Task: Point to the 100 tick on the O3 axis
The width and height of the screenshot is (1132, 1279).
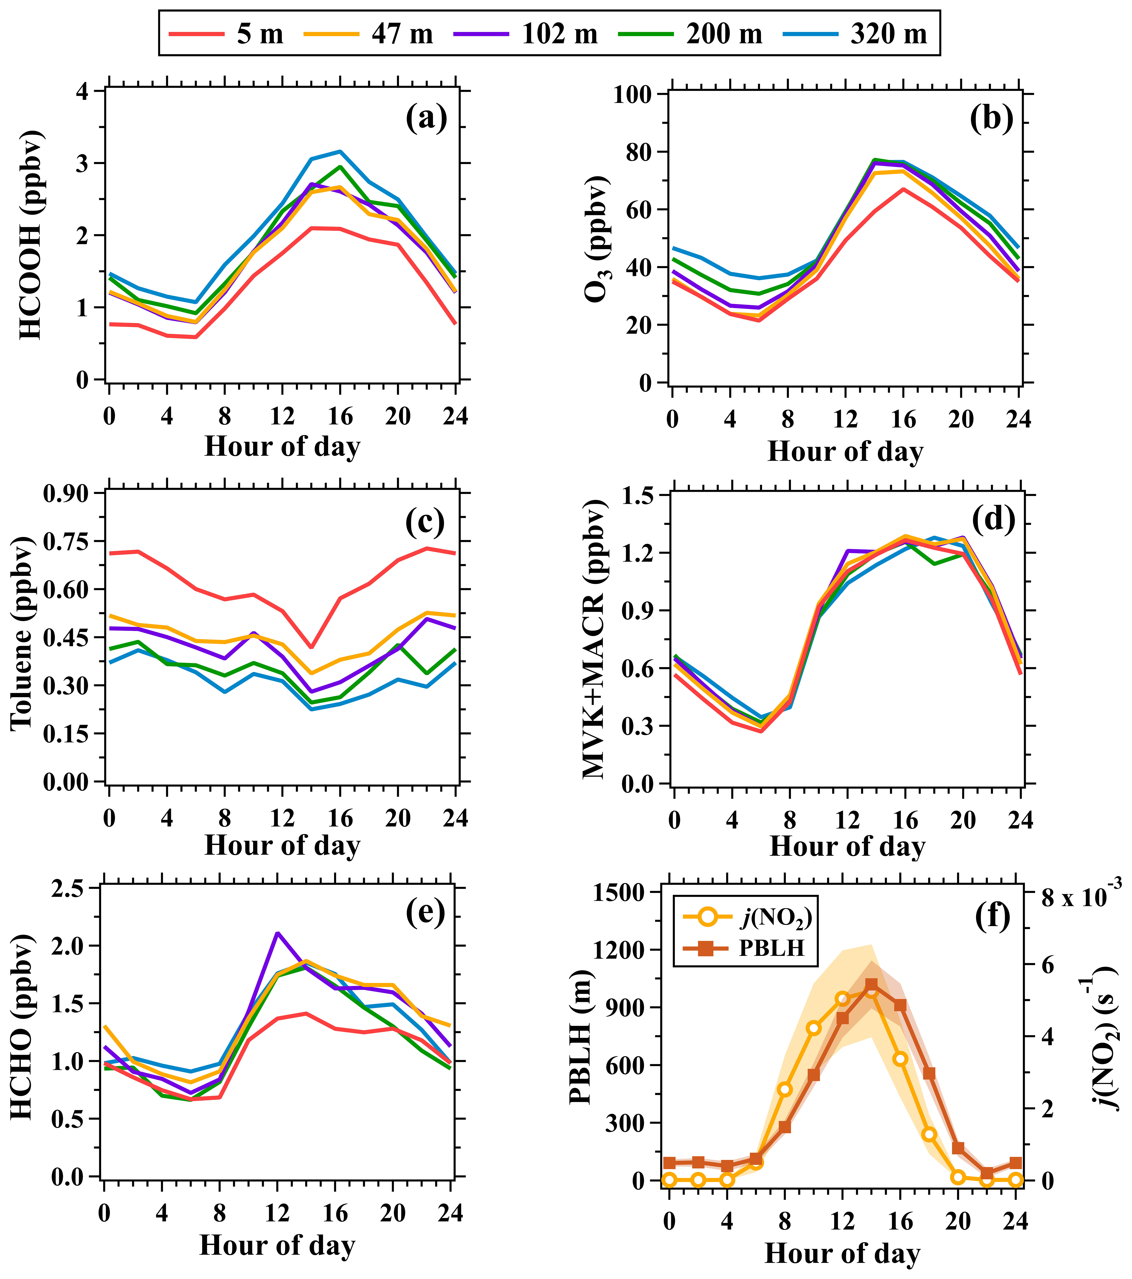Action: click(x=634, y=95)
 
